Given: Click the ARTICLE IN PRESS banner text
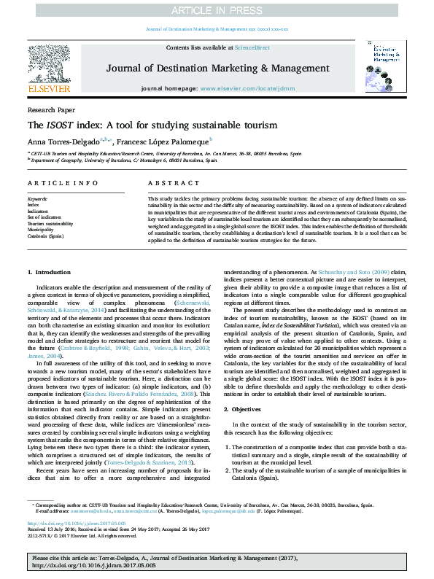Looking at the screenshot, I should click(x=217, y=9).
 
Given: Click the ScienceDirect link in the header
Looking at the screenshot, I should click(x=252, y=47).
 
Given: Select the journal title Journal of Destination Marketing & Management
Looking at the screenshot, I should click(x=217, y=68).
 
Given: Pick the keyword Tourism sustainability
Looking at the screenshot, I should click(x=50, y=222).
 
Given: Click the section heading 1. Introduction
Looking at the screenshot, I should click(x=49, y=271).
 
